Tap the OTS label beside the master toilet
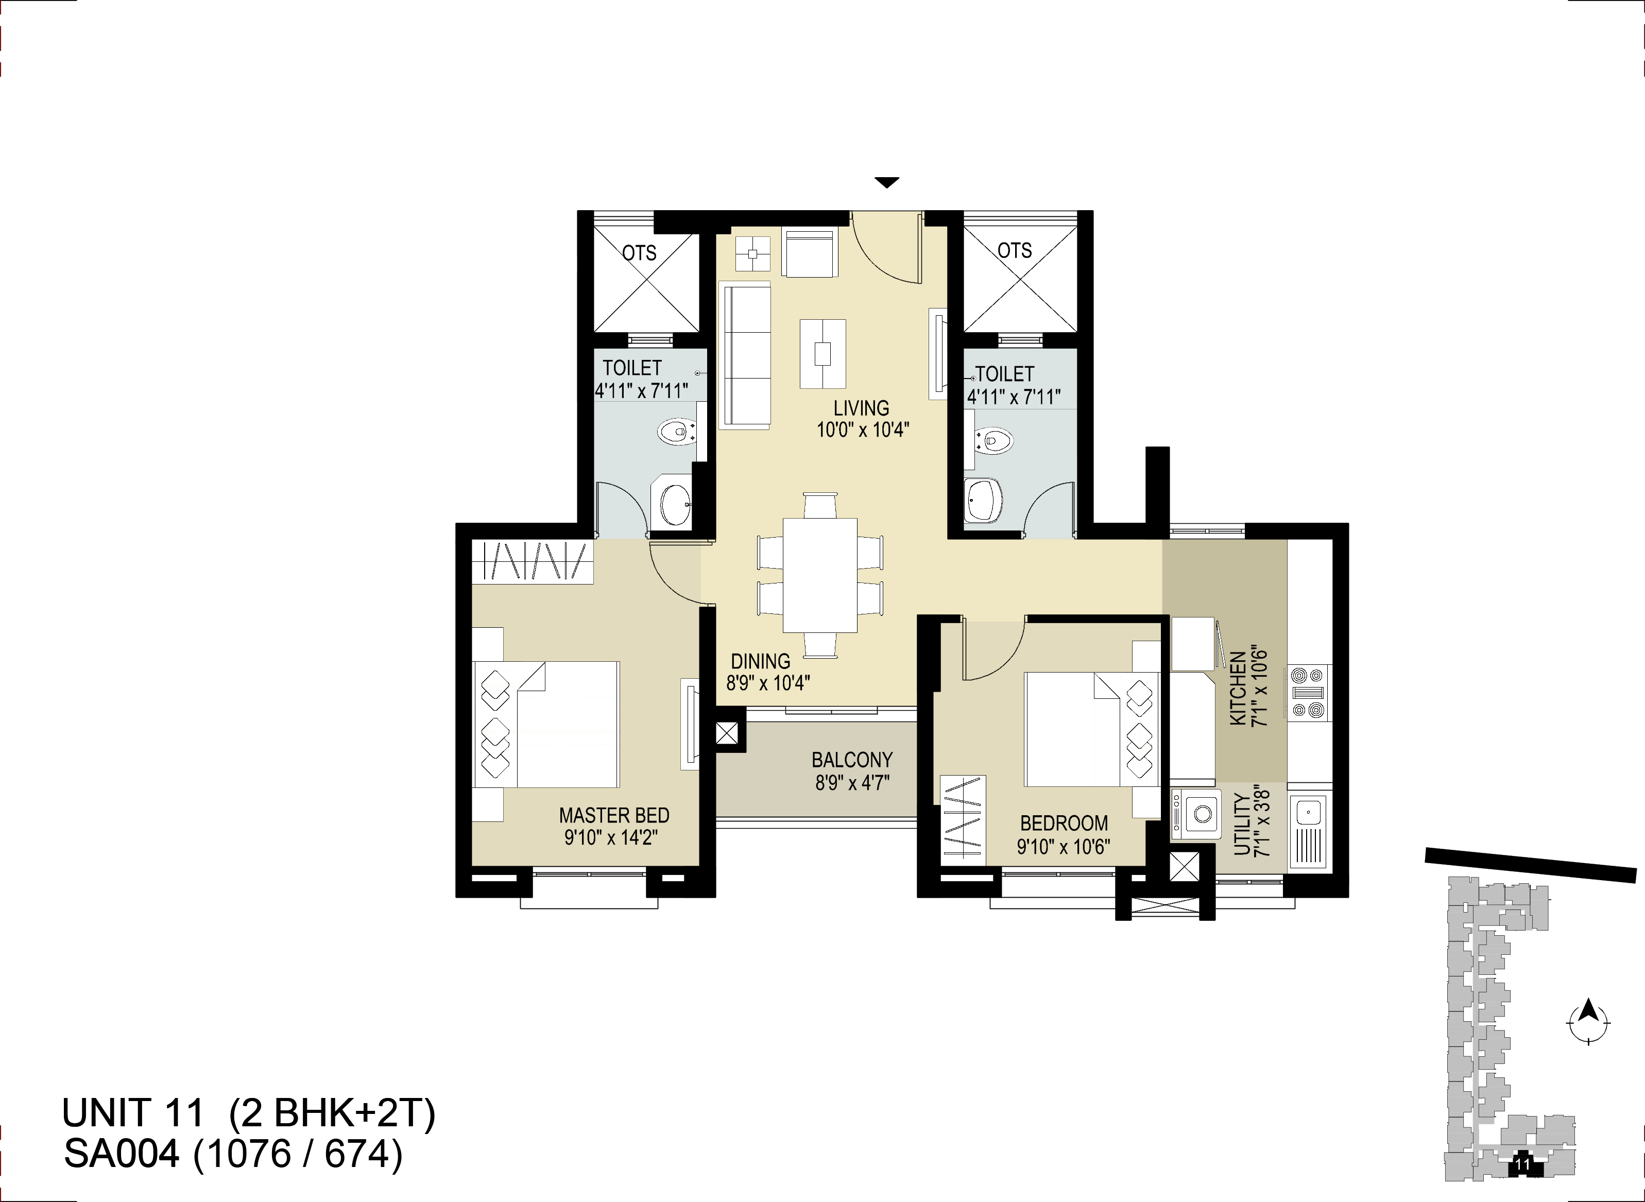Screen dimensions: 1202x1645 pos(639,253)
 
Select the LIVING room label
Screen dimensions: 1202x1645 pos(862,408)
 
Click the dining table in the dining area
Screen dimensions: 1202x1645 pos(820,575)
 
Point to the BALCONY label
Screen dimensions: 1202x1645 pos(852,760)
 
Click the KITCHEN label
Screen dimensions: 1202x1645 pos(1238,688)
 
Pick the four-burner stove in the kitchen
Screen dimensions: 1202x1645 pos(1308,692)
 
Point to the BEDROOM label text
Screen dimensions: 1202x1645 pos(1064,823)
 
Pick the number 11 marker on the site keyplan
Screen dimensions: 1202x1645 pos(1523,1165)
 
